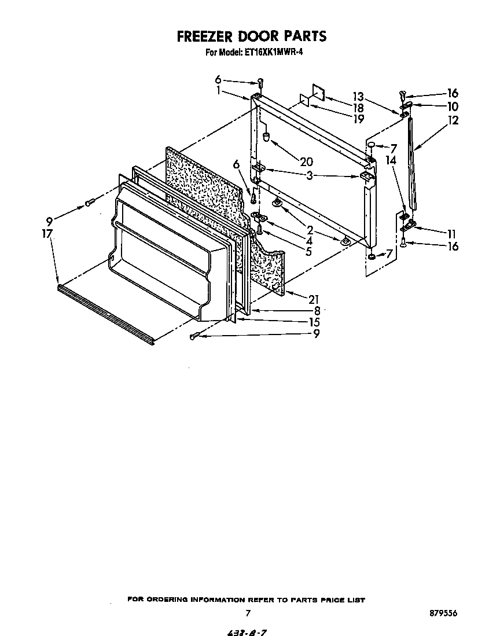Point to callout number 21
coord(314,299)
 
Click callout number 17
coord(47,233)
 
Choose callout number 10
coord(452,106)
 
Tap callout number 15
coord(314,322)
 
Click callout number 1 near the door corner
coord(219,91)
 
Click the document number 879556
coord(441,613)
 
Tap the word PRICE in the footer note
coord(321,600)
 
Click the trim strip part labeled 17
coord(104,313)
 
